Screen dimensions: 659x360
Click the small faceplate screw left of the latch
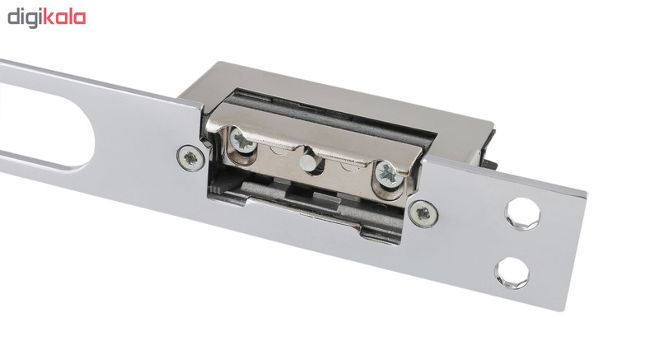click(x=191, y=158)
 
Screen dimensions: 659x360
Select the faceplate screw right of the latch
click(x=423, y=214)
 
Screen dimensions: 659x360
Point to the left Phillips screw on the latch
click(x=243, y=141)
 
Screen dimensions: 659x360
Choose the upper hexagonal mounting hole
click(x=522, y=214)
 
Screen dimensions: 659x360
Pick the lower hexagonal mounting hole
click(x=512, y=273)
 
